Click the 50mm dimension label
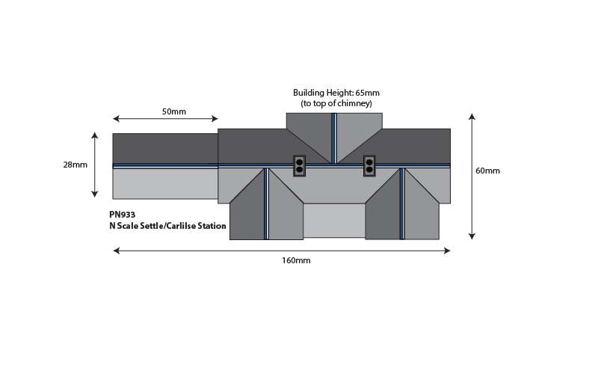(x=174, y=111)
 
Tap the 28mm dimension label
(x=75, y=165)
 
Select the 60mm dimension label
(x=487, y=171)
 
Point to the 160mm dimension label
(x=296, y=260)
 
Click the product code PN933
(x=123, y=215)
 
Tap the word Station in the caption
(x=212, y=226)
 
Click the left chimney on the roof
(x=300, y=165)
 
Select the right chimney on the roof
(x=369, y=165)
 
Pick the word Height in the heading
(x=339, y=93)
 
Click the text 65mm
(x=367, y=93)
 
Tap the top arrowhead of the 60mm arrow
(x=472, y=117)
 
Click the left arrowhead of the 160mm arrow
(x=117, y=251)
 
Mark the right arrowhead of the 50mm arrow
(x=215, y=119)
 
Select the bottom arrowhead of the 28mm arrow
(x=95, y=194)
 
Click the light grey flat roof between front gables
(x=334, y=221)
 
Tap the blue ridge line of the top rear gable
(x=334, y=138)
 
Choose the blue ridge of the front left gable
(x=266, y=203)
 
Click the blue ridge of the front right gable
(x=401, y=203)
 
